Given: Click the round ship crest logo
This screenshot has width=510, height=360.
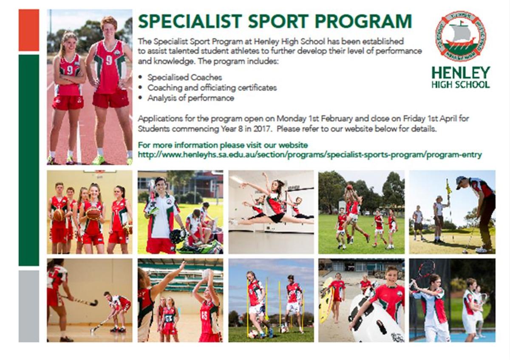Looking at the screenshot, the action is (461, 37).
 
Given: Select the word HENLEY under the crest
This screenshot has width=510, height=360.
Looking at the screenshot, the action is (461, 73).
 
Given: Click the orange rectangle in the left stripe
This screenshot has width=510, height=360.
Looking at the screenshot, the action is (29, 30).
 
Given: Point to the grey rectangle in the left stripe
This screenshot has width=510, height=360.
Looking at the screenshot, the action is (29, 306).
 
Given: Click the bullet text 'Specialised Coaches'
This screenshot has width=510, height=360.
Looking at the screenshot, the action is (184, 77).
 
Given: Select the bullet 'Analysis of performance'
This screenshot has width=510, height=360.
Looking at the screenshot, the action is (191, 98).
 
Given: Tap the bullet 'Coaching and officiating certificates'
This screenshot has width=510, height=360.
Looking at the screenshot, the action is (212, 88).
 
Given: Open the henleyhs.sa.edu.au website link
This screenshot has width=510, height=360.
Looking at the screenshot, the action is (310, 155).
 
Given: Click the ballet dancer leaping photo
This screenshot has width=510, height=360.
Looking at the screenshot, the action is (271, 212).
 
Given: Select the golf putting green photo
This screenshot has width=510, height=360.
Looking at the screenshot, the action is (452, 212).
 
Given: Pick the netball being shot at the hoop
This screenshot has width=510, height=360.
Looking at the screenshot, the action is (207, 273).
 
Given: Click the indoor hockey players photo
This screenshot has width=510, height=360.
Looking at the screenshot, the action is (90, 300).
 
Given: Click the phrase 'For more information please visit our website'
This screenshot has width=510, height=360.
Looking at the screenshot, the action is (223, 145).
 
